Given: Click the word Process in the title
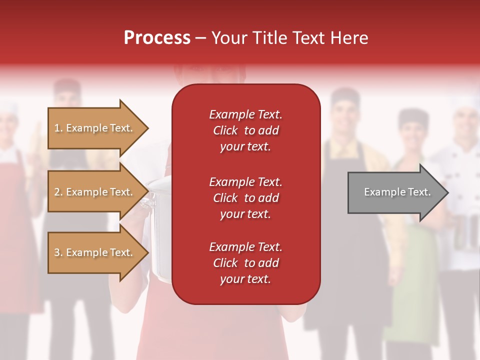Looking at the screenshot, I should click(157, 38).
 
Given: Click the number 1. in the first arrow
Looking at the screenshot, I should click(58, 128).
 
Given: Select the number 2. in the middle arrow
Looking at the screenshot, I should click(58, 192).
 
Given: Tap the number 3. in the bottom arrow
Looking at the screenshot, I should click(58, 252).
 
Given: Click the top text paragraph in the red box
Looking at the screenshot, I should click(245, 130).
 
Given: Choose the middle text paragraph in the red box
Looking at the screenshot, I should click(245, 197).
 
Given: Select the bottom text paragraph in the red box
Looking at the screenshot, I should click(245, 263).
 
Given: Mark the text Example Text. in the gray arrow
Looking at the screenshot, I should click(397, 192).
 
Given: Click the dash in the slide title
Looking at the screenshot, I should click(200, 38).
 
